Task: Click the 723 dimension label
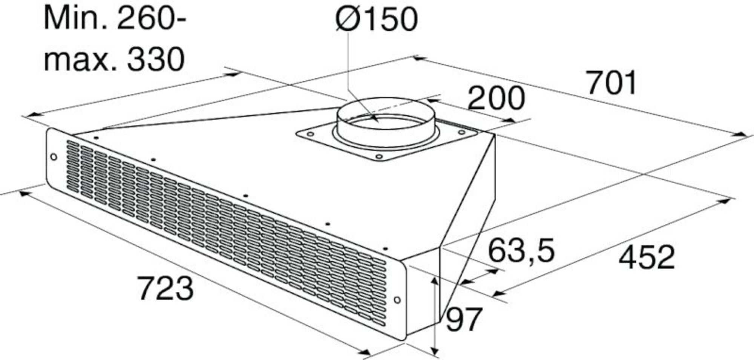[x=166, y=288]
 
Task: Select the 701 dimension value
[x=611, y=83]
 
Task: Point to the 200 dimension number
[x=496, y=98]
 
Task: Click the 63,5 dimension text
[x=521, y=251]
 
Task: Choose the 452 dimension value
[x=647, y=257]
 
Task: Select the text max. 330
[x=114, y=60]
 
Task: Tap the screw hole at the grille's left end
[x=54, y=156]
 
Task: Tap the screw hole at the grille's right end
[x=397, y=300]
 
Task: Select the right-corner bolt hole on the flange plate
[x=461, y=132]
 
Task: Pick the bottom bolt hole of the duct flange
[x=379, y=156]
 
